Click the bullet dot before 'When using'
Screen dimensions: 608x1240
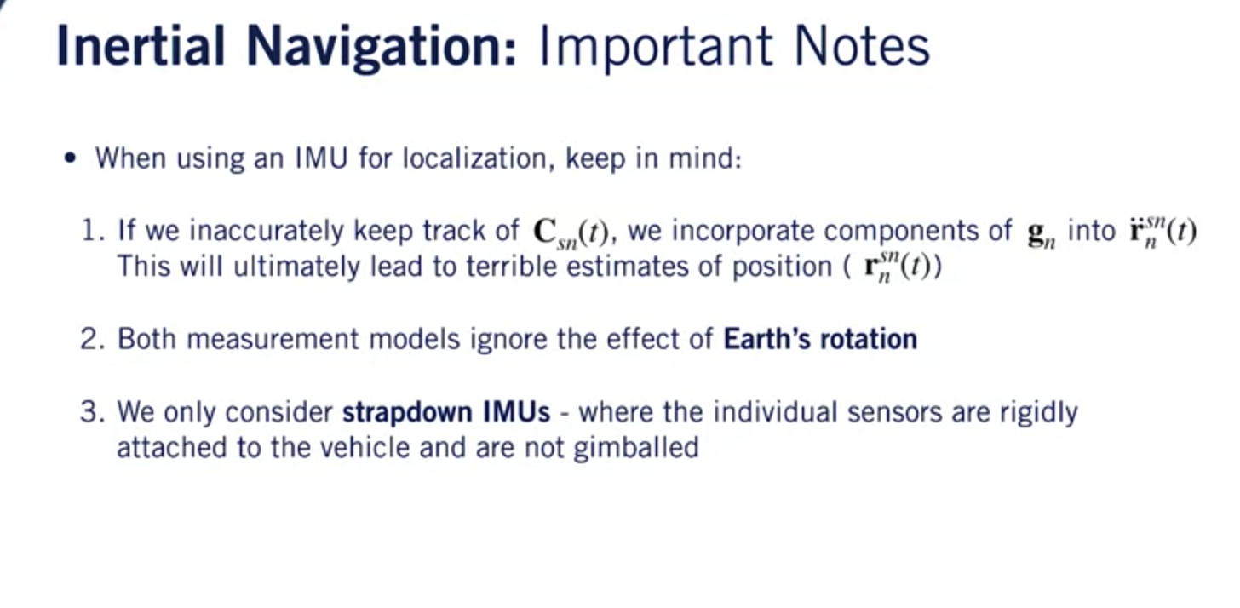coord(70,158)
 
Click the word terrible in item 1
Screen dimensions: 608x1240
coord(513,267)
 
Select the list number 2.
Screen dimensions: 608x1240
coord(91,339)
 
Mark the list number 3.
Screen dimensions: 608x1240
coord(91,412)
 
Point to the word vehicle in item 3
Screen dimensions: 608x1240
coord(359,448)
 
